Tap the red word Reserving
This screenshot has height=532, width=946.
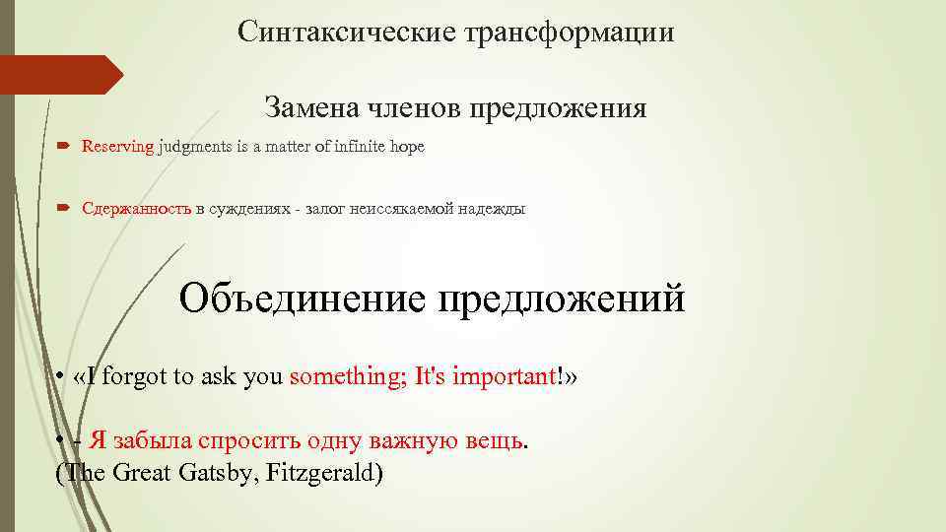(117, 147)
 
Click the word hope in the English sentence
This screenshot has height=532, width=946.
(408, 147)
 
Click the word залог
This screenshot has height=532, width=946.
(324, 209)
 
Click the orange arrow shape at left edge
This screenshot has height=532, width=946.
(59, 75)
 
